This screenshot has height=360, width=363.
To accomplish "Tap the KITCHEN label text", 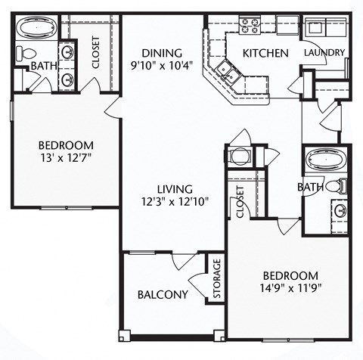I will [265, 53].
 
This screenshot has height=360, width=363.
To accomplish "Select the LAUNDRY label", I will [324, 53].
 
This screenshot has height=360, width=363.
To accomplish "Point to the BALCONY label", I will [163, 294].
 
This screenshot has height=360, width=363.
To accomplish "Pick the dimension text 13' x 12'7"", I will [67, 159].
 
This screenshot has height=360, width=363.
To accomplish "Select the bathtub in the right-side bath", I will [324, 160].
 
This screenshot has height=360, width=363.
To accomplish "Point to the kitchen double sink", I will [226, 72].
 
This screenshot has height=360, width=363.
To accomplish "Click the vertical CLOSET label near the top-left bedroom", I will [96, 52].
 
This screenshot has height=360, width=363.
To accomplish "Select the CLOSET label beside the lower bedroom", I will [240, 203].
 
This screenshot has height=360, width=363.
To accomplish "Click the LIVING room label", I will [175, 188].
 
